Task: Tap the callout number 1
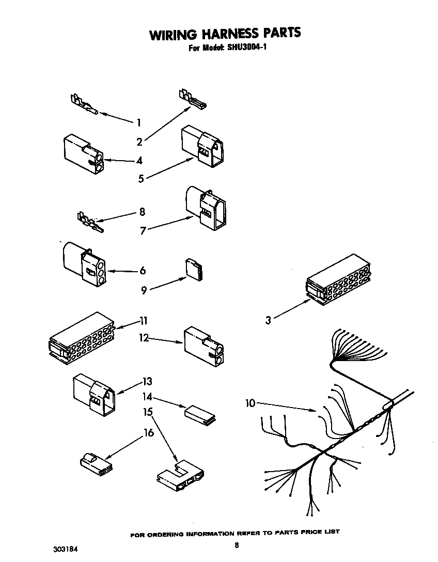point(138,122)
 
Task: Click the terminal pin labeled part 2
point(192,100)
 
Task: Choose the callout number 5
point(140,179)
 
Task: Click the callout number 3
point(268,320)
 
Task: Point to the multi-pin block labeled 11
point(81,338)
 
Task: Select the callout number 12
point(144,338)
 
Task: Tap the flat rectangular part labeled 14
point(200,415)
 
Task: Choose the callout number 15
point(148,412)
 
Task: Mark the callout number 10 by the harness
point(251,403)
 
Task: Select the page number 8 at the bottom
point(236,544)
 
